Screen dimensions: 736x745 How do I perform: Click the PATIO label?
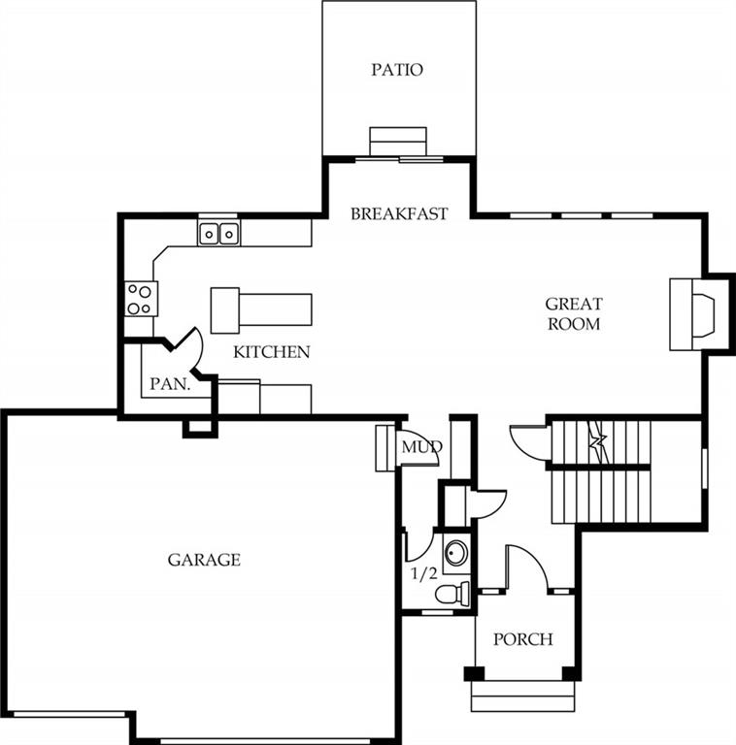397,70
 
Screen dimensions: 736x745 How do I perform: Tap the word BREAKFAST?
399,213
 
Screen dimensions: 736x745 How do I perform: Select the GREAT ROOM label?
574,313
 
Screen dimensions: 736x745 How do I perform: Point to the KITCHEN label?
272,352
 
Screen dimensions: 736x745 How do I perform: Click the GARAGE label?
204,560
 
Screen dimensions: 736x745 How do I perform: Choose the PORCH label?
523,639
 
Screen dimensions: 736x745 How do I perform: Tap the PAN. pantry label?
170,384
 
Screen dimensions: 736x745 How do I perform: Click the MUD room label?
421,447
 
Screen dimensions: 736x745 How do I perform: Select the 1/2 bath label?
423,574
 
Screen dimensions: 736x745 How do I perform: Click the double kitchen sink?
218,234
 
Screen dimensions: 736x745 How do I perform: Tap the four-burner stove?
141,299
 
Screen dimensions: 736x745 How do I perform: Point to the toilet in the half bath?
452,594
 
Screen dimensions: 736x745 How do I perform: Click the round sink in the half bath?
456,554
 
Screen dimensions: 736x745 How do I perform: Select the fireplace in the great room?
698,314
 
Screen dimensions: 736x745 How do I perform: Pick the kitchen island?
261,310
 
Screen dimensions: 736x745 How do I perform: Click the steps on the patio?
398,141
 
